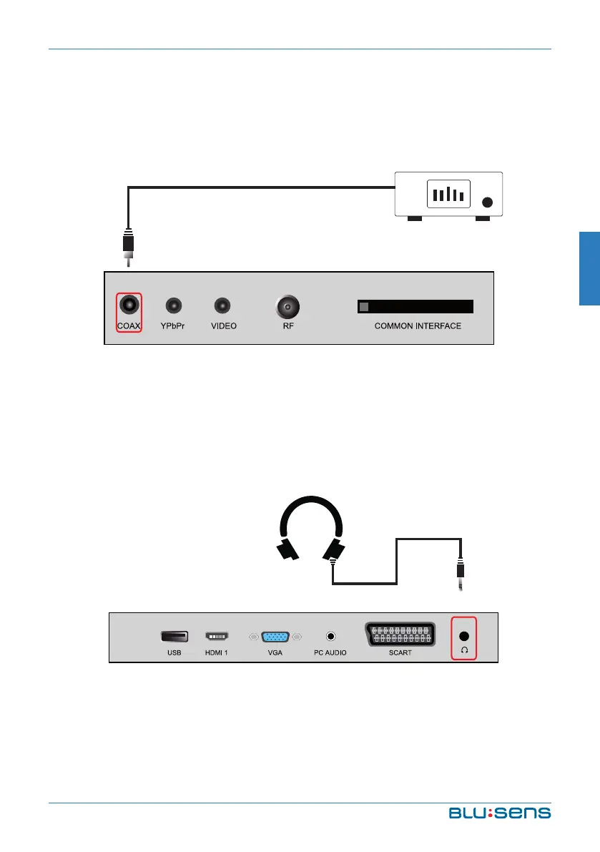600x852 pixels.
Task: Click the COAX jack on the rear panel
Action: tap(129, 305)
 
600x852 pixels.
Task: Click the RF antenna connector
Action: tap(287, 308)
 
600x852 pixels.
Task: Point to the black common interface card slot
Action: tap(415, 306)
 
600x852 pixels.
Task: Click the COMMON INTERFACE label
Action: tap(418, 326)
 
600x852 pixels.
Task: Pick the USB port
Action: tap(174, 635)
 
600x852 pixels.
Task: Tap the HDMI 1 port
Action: tap(217, 635)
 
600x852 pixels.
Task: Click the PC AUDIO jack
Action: tap(330, 635)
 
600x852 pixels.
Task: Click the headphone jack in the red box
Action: tap(464, 635)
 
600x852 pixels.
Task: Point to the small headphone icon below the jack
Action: tap(464, 650)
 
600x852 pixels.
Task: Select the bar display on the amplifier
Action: tap(448, 193)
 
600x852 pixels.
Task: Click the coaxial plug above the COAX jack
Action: tap(128, 247)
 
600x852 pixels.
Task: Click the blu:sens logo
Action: tap(500, 813)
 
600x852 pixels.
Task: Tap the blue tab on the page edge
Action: tap(589, 268)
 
